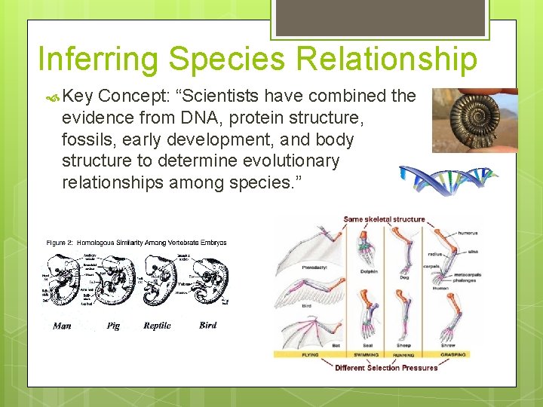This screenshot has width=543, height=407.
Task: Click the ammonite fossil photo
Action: pos(474,121)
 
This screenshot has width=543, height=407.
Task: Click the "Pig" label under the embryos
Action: pos(113,326)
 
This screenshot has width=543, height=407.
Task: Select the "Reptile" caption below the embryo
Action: pos(157,326)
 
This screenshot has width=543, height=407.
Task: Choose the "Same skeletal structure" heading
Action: pos(384,219)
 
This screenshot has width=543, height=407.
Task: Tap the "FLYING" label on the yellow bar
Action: pos(310,354)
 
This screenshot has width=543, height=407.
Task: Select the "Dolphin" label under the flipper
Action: pos(368,271)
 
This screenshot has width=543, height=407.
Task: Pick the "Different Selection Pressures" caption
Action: pos(386,368)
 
